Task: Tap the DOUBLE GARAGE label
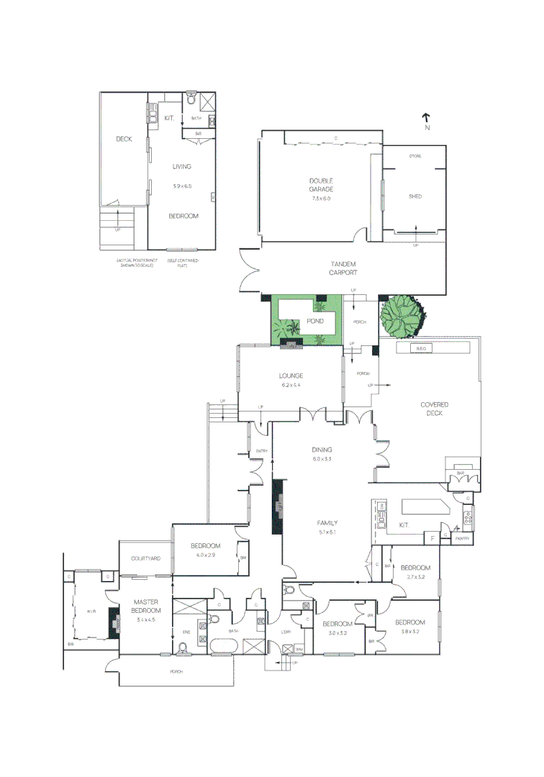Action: (320, 185)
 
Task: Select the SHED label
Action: (415, 196)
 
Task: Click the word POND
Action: (315, 321)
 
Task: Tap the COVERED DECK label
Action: (435, 409)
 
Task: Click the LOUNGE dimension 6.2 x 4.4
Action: (291, 385)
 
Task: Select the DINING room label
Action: (322, 450)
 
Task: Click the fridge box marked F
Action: (432, 538)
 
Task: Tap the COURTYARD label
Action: (145, 558)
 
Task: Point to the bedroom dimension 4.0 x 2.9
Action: (205, 555)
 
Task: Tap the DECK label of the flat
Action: (124, 139)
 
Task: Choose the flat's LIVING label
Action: (181, 166)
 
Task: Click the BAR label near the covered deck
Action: (461, 473)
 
